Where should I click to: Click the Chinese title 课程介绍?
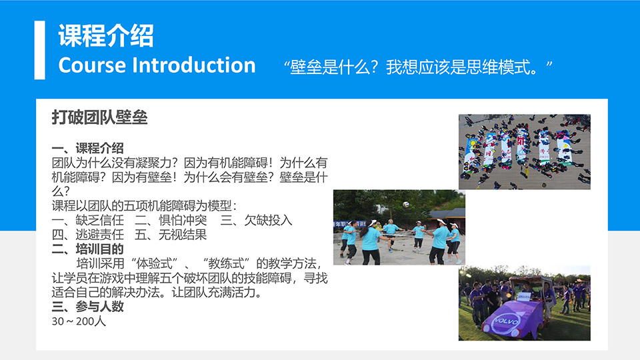(x=106, y=36)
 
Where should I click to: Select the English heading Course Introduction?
(x=157, y=65)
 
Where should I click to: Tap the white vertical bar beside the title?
(x=39, y=50)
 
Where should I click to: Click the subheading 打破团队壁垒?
(x=99, y=117)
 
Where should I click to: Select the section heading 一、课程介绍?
(x=87, y=148)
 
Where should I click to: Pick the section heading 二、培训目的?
(x=87, y=249)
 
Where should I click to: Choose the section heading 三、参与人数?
(x=87, y=307)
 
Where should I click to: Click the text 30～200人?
(x=79, y=321)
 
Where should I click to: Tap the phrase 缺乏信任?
(x=99, y=221)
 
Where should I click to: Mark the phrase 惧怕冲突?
(x=183, y=221)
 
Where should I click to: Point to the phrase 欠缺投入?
(x=268, y=221)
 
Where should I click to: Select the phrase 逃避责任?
(x=99, y=235)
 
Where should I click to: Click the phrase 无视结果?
(x=183, y=235)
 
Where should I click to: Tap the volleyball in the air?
(x=406, y=204)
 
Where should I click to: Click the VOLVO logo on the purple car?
(x=506, y=321)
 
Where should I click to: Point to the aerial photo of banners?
(x=525, y=152)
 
